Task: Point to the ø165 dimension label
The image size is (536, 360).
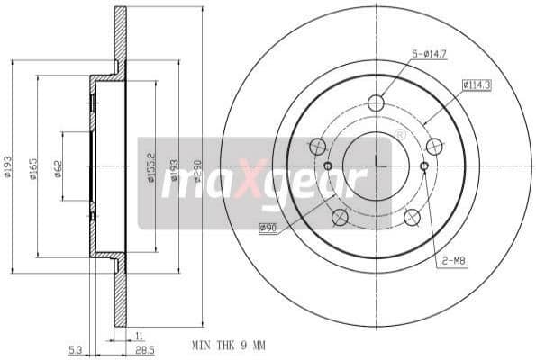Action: (33, 167)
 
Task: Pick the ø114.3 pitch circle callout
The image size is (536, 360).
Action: (476, 85)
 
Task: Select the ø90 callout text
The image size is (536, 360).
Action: (268, 228)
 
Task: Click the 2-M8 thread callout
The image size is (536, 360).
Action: (453, 261)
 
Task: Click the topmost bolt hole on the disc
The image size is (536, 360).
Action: (376, 103)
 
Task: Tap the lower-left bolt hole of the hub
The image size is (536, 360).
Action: (340, 217)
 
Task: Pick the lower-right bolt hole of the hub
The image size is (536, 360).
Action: (413, 217)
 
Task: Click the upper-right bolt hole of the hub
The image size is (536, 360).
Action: (434, 146)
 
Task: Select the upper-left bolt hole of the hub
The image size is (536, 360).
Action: (317, 146)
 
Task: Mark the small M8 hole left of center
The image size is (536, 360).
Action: (328, 166)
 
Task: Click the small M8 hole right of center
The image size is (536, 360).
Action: (424, 166)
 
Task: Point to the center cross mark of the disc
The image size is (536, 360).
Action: (377, 166)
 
